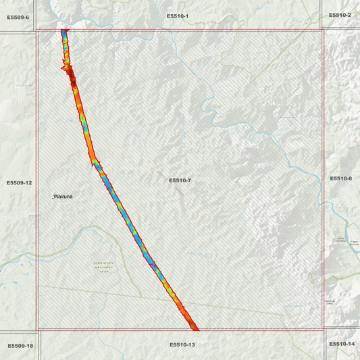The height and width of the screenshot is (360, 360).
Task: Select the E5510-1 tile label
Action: coord(178,15)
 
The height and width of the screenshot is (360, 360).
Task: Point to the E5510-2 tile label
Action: coord(340,15)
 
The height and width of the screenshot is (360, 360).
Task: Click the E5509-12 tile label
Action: coord(20,182)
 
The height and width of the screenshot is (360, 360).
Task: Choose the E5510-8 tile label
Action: coord(341,178)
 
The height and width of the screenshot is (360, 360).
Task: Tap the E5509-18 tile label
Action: coord(20,346)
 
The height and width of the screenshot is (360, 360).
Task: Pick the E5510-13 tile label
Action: coord(182,344)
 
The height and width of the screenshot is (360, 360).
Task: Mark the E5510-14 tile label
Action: coord(342,344)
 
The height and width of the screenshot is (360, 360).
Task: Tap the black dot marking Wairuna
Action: coord(53,197)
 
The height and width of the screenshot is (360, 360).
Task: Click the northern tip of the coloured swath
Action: coord(65,31)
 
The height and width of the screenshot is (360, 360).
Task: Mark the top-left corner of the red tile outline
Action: coord(36,30)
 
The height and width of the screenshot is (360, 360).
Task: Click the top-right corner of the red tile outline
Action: coord(324,30)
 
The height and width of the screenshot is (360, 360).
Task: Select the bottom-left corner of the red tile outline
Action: coord(36,330)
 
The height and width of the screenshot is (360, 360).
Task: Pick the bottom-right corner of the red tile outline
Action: coord(324,330)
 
